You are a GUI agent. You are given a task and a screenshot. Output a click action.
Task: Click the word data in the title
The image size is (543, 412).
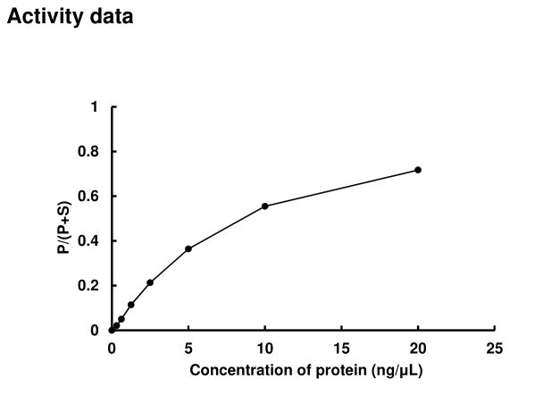pos(108,17)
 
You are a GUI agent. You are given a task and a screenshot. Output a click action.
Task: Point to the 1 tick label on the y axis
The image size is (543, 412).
pos(95,107)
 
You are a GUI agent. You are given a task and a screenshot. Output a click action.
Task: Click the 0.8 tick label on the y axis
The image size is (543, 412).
pos(89,152)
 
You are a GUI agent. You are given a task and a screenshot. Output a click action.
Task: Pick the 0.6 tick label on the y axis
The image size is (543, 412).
pos(89,197)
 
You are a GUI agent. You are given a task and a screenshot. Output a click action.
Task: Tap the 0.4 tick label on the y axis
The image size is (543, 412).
pos(89,241)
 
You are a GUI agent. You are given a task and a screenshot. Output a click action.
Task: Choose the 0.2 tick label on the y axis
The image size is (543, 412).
pos(89,286)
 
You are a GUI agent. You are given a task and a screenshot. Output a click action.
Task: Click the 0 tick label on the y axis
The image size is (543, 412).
pos(95,331)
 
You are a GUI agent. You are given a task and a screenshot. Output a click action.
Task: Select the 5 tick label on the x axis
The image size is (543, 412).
pos(188,349)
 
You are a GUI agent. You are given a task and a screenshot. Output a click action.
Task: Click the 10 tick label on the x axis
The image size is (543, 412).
pos(265,349)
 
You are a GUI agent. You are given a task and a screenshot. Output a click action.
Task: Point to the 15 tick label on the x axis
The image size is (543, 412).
pos(342,349)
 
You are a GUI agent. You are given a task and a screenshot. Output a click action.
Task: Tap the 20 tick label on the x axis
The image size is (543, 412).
pos(418,349)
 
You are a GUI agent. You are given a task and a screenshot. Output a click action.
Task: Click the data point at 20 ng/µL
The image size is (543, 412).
pos(418,170)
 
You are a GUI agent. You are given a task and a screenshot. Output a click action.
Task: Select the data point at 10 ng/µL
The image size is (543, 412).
pos(265,206)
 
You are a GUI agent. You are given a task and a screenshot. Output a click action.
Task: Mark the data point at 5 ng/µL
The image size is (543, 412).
pos(188,248)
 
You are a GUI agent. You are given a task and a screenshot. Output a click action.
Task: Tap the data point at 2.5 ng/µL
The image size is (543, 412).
pos(150,282)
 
